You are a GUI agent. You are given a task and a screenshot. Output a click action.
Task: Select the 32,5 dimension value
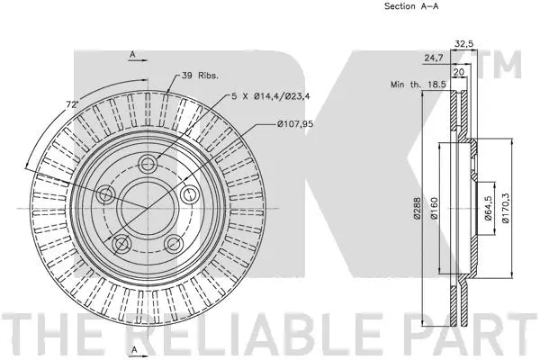click(x=463, y=42)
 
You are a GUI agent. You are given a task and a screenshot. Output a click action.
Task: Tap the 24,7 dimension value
click(x=434, y=57)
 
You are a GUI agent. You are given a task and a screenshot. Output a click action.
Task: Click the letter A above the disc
click(x=132, y=55)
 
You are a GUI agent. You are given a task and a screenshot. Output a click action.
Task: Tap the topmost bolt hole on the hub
click(x=148, y=165)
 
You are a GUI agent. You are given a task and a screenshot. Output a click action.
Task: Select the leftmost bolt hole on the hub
click(x=106, y=193)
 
